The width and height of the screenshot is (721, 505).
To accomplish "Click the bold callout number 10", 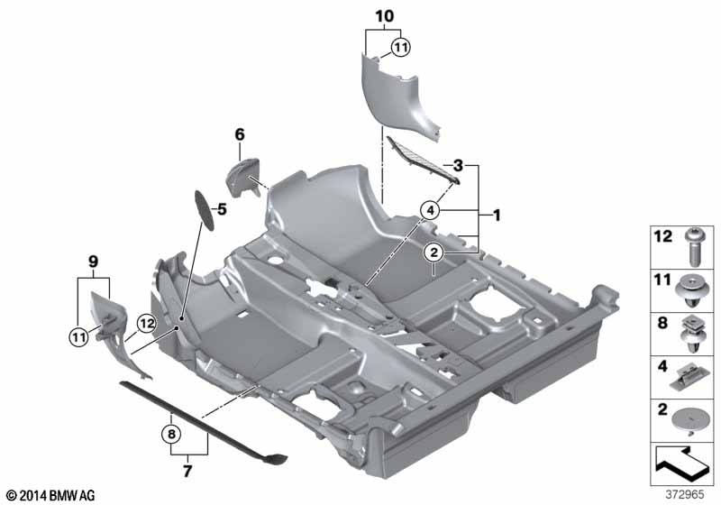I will pyautogui.click(x=384, y=16).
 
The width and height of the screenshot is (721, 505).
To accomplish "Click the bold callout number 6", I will pyautogui.click(x=240, y=134).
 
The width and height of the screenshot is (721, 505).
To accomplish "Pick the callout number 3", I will pyautogui.click(x=458, y=166).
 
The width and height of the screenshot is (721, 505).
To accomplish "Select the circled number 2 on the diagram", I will pyautogui.click(x=433, y=252).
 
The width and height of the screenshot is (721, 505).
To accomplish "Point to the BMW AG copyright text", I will pyautogui.click(x=50, y=495).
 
